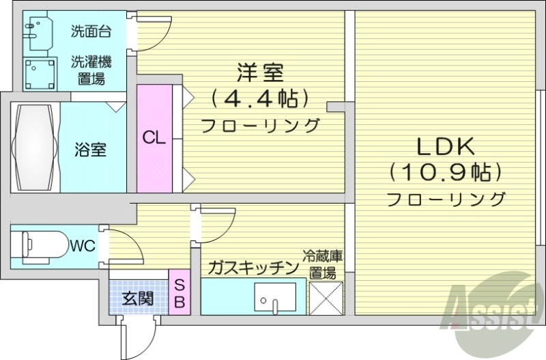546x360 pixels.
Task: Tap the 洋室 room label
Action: point(260,72)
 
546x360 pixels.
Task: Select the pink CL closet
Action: point(154,137)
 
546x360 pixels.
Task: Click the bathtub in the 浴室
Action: point(33,146)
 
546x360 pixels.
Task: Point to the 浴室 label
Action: point(90,149)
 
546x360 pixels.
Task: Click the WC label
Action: point(82,245)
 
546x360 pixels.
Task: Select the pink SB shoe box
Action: point(179,293)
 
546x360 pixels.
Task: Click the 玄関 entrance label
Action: point(137,298)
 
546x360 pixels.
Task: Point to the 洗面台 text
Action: point(90,31)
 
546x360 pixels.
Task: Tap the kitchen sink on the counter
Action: point(276,296)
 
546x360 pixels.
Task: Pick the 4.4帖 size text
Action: point(260,98)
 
